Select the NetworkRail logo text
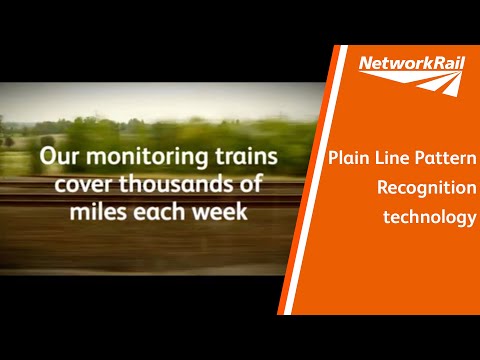pyautogui.click(x=411, y=66)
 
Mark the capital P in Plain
pyautogui.click(x=333, y=160)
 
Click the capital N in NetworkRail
pyautogui.click(x=364, y=66)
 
